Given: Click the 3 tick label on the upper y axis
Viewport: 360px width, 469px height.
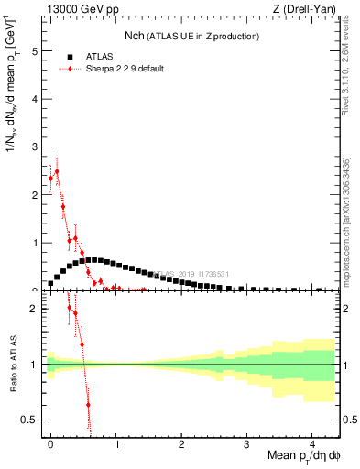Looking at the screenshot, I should pos(35,147).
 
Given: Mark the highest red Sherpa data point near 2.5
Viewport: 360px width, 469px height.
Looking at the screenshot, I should pos(57,171).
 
